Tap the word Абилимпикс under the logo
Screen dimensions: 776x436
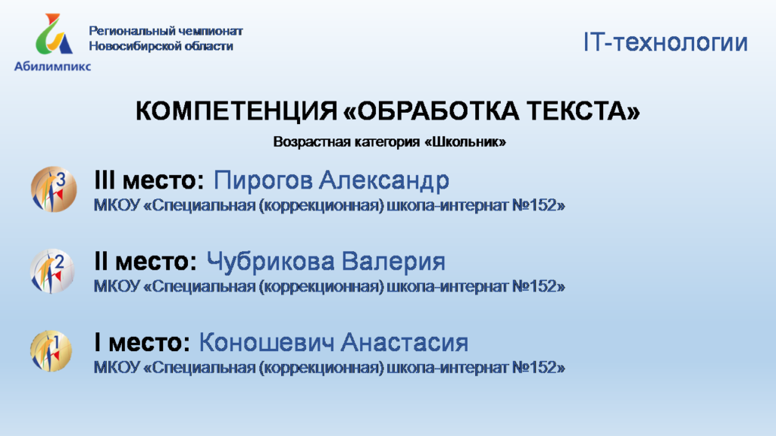click(x=52, y=67)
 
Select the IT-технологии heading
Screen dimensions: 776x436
click(x=665, y=42)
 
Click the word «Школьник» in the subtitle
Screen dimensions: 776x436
click(x=465, y=142)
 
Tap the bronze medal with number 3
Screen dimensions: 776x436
click(x=54, y=189)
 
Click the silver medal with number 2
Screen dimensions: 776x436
click(x=52, y=272)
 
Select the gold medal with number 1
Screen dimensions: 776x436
click(x=52, y=351)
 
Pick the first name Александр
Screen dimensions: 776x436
click(x=384, y=180)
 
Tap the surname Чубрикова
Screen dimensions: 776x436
click(x=271, y=261)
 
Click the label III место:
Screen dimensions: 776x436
click(x=149, y=180)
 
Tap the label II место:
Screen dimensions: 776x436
click(x=145, y=261)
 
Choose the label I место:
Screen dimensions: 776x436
click(x=142, y=342)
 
